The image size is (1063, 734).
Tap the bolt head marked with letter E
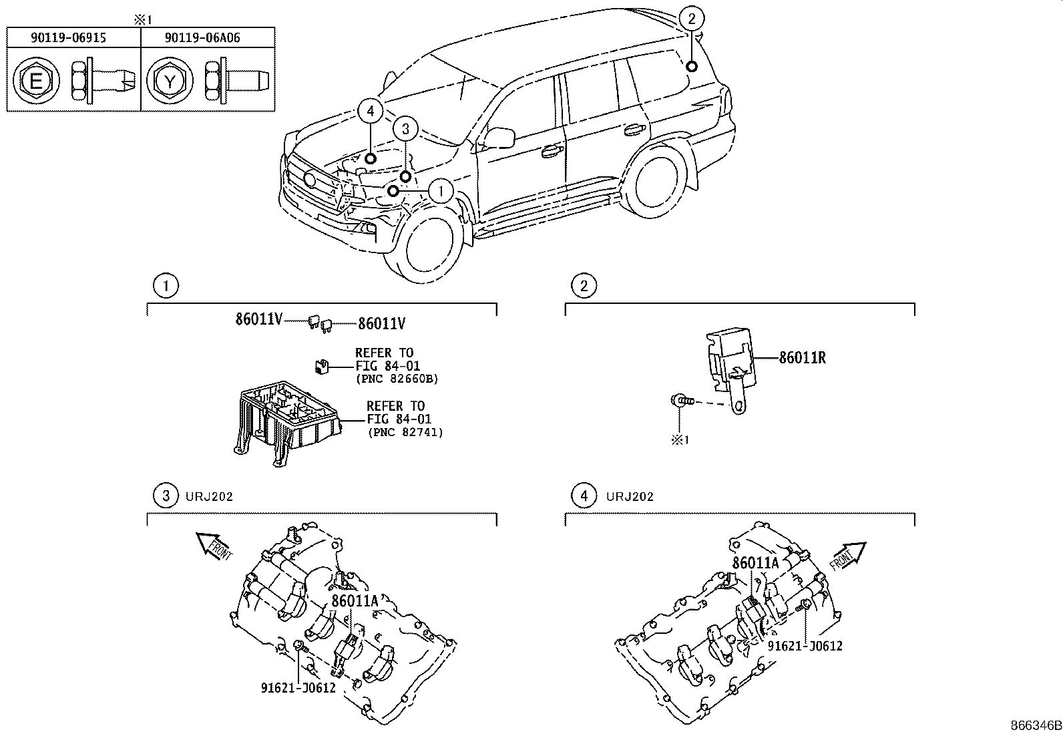coord(37,82)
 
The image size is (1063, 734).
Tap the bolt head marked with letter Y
coord(170,82)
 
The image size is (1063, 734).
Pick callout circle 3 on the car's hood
coord(405,130)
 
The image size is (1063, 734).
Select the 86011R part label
coord(802,358)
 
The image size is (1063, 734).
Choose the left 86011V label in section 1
coord(258,320)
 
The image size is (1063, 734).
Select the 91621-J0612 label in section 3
coord(298,687)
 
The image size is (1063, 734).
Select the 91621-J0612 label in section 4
coord(805,646)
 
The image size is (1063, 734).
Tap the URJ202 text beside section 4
coord(630,497)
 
